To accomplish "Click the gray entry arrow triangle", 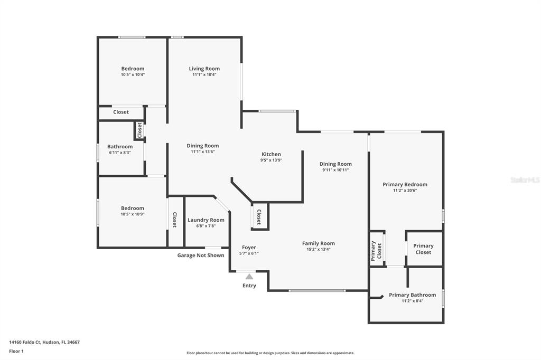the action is coord(249,276).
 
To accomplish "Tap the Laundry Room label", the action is coord(206,220).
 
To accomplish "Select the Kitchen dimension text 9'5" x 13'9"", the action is coord(271,160).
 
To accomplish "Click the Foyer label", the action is coord(249,247).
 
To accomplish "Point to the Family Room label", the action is coord(319,243).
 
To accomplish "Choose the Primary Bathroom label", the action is coord(412,295).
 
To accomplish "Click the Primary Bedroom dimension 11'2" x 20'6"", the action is coord(405,191).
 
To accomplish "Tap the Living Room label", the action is coord(204,69).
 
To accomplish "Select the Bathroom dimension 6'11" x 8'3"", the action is coord(120,153).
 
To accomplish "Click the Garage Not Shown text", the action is coord(201,255).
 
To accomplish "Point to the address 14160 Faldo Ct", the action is coord(25,342).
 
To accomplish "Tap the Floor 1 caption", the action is coord(16,351).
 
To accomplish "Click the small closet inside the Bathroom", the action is coord(139,130).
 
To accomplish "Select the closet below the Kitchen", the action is coord(259,216).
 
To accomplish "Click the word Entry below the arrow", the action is coord(249,286).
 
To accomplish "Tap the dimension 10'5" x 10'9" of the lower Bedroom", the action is coord(133,214).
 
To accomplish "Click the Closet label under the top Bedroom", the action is coord(121,112).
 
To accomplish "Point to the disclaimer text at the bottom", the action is coord(270,353).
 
